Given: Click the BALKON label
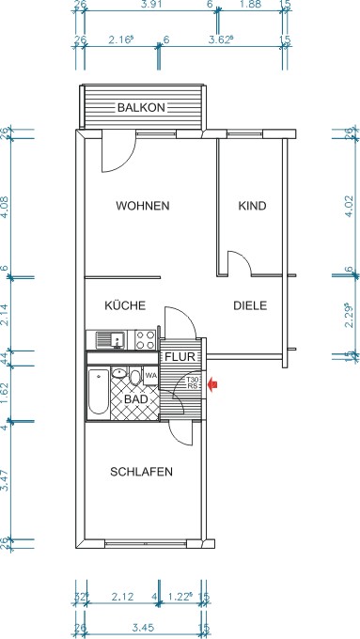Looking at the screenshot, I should (141, 108).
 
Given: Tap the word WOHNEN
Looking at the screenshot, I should (142, 206).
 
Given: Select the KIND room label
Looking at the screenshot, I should (252, 206).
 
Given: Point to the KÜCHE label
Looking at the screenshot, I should (123, 305).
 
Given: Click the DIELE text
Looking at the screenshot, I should (251, 305).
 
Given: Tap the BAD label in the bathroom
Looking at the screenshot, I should (136, 398).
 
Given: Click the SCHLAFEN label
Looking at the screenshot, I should (141, 472).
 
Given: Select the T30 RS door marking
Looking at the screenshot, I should (192, 382).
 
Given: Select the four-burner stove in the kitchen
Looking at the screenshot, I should (146, 339).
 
